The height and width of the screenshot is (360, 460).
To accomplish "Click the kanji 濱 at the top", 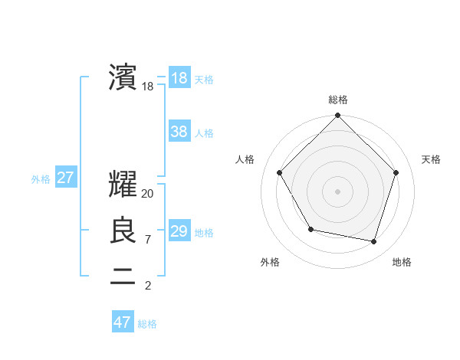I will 123,77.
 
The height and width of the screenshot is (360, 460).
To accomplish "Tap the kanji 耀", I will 123,184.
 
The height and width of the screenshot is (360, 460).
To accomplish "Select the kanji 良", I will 123,231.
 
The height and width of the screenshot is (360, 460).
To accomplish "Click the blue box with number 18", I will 179,78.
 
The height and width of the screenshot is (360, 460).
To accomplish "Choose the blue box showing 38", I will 179,132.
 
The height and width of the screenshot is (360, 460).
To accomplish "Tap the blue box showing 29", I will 179,231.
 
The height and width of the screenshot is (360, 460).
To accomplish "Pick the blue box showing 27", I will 65,178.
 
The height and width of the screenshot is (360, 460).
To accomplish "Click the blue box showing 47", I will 123,322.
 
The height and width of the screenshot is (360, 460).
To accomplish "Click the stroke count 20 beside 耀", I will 148,194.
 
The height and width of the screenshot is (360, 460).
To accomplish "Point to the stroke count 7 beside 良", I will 147,240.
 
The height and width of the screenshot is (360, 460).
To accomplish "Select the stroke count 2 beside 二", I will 147,286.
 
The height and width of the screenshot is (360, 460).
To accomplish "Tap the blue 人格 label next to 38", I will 204,133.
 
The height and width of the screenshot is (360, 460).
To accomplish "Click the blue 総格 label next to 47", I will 147,324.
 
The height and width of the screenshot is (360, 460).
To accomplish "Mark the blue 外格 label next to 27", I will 41,179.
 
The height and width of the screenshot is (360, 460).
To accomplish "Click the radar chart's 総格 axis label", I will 337,100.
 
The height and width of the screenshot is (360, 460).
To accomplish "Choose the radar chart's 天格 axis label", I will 431,159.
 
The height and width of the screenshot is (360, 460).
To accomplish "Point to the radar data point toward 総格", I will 337,116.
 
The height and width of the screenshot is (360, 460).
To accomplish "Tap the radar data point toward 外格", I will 310,229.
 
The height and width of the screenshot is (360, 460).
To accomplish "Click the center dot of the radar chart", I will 337,191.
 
